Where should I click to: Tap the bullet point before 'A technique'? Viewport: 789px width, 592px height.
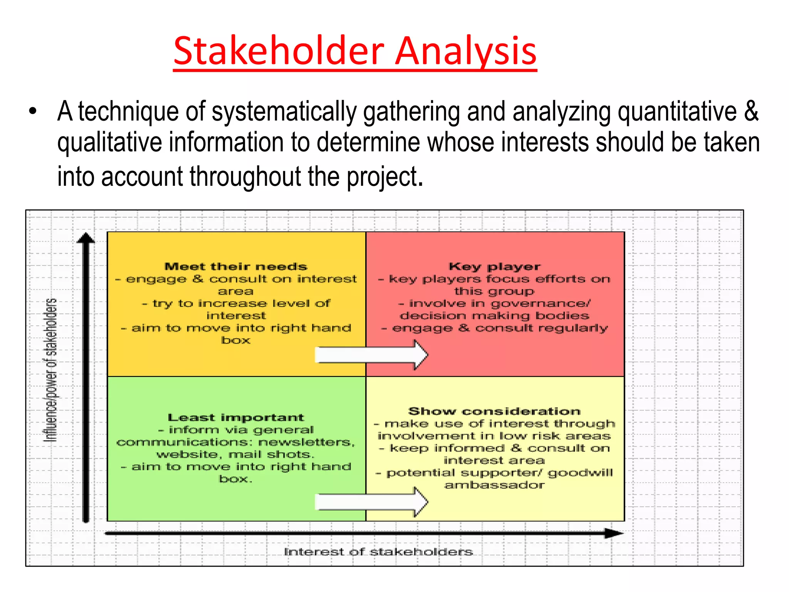(33, 112)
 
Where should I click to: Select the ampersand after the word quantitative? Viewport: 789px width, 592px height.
(751, 112)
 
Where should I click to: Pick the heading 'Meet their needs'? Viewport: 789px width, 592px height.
(236, 266)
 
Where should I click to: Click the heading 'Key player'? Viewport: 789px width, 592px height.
(495, 266)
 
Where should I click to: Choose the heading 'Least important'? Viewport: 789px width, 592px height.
(236, 417)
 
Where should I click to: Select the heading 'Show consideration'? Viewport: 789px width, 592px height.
(495, 411)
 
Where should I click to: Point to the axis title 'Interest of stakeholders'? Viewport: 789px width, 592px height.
(378, 552)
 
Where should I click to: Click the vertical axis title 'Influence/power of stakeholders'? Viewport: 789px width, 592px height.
(50, 370)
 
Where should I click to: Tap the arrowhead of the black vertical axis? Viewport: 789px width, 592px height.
(86, 238)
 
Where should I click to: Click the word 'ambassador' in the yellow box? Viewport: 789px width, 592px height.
(495, 485)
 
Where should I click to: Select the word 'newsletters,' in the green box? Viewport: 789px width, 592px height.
(306, 442)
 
